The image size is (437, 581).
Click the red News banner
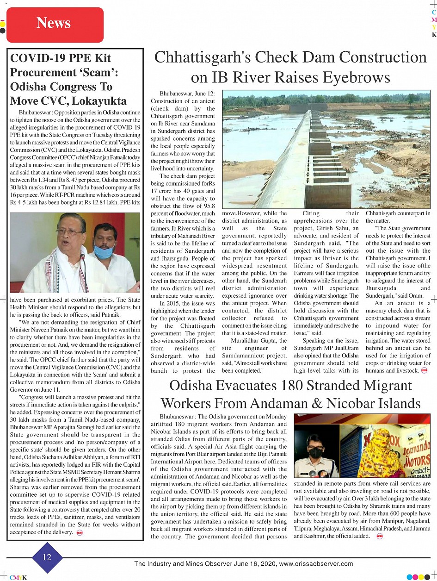(x=55, y=24)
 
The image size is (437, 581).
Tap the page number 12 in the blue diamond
(x=47, y=557)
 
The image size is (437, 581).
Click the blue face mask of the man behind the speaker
(x=104, y=251)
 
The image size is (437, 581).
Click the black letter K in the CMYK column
(x=434, y=35)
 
